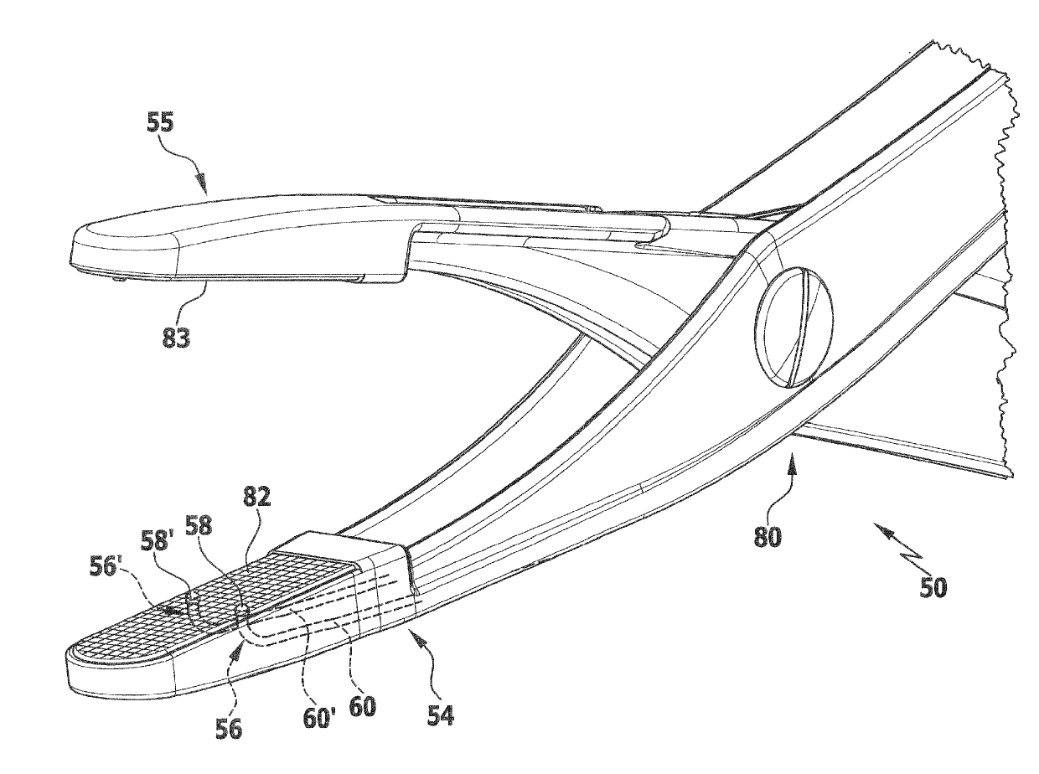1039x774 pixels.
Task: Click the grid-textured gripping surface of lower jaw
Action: [209, 603]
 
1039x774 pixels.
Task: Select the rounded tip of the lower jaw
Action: [80, 666]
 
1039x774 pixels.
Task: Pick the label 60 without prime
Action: [362, 705]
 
